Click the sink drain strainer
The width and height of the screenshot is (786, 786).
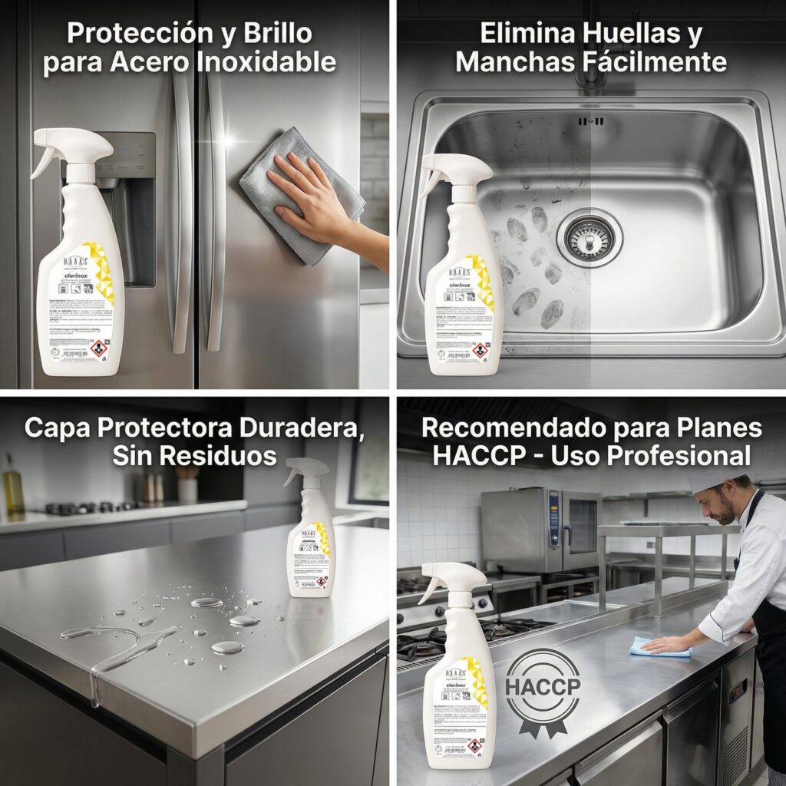coord(589,237)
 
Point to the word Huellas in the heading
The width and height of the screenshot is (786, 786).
coord(642,34)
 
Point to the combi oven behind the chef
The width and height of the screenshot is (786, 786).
coord(540,530)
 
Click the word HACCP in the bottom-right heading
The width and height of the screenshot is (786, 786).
coord(467,456)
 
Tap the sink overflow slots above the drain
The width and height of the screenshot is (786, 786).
coord(590,121)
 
